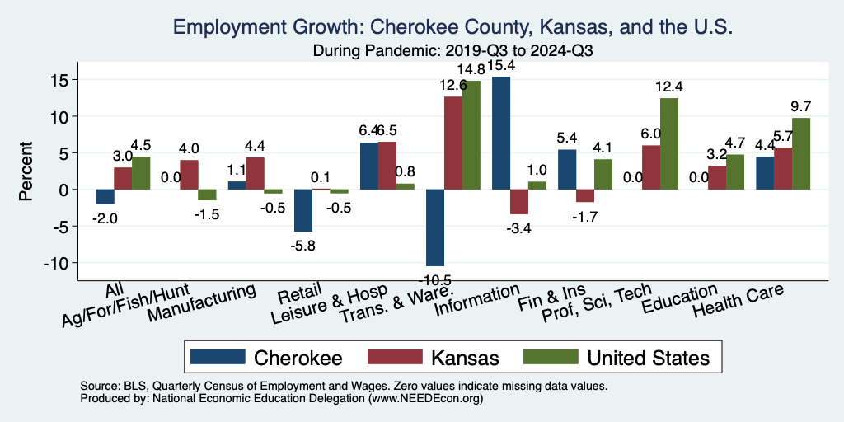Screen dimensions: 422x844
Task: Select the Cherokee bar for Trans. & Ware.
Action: point(435,227)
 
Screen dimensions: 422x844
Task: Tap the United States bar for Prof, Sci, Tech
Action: point(669,143)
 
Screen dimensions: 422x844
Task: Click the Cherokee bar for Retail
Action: point(303,210)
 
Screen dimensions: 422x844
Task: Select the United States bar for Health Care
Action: point(801,153)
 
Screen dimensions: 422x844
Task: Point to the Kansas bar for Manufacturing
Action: point(256,173)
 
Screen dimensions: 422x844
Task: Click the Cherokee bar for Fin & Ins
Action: point(567,169)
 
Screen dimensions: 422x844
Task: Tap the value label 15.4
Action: point(501,65)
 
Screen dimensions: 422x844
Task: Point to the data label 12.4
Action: point(669,87)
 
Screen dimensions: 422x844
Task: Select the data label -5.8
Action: point(303,245)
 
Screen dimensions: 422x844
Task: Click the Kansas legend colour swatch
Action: point(393,357)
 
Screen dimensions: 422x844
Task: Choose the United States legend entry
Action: point(647,357)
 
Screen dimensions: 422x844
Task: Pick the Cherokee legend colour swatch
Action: point(218,357)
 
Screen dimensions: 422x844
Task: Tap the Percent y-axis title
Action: point(26,171)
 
